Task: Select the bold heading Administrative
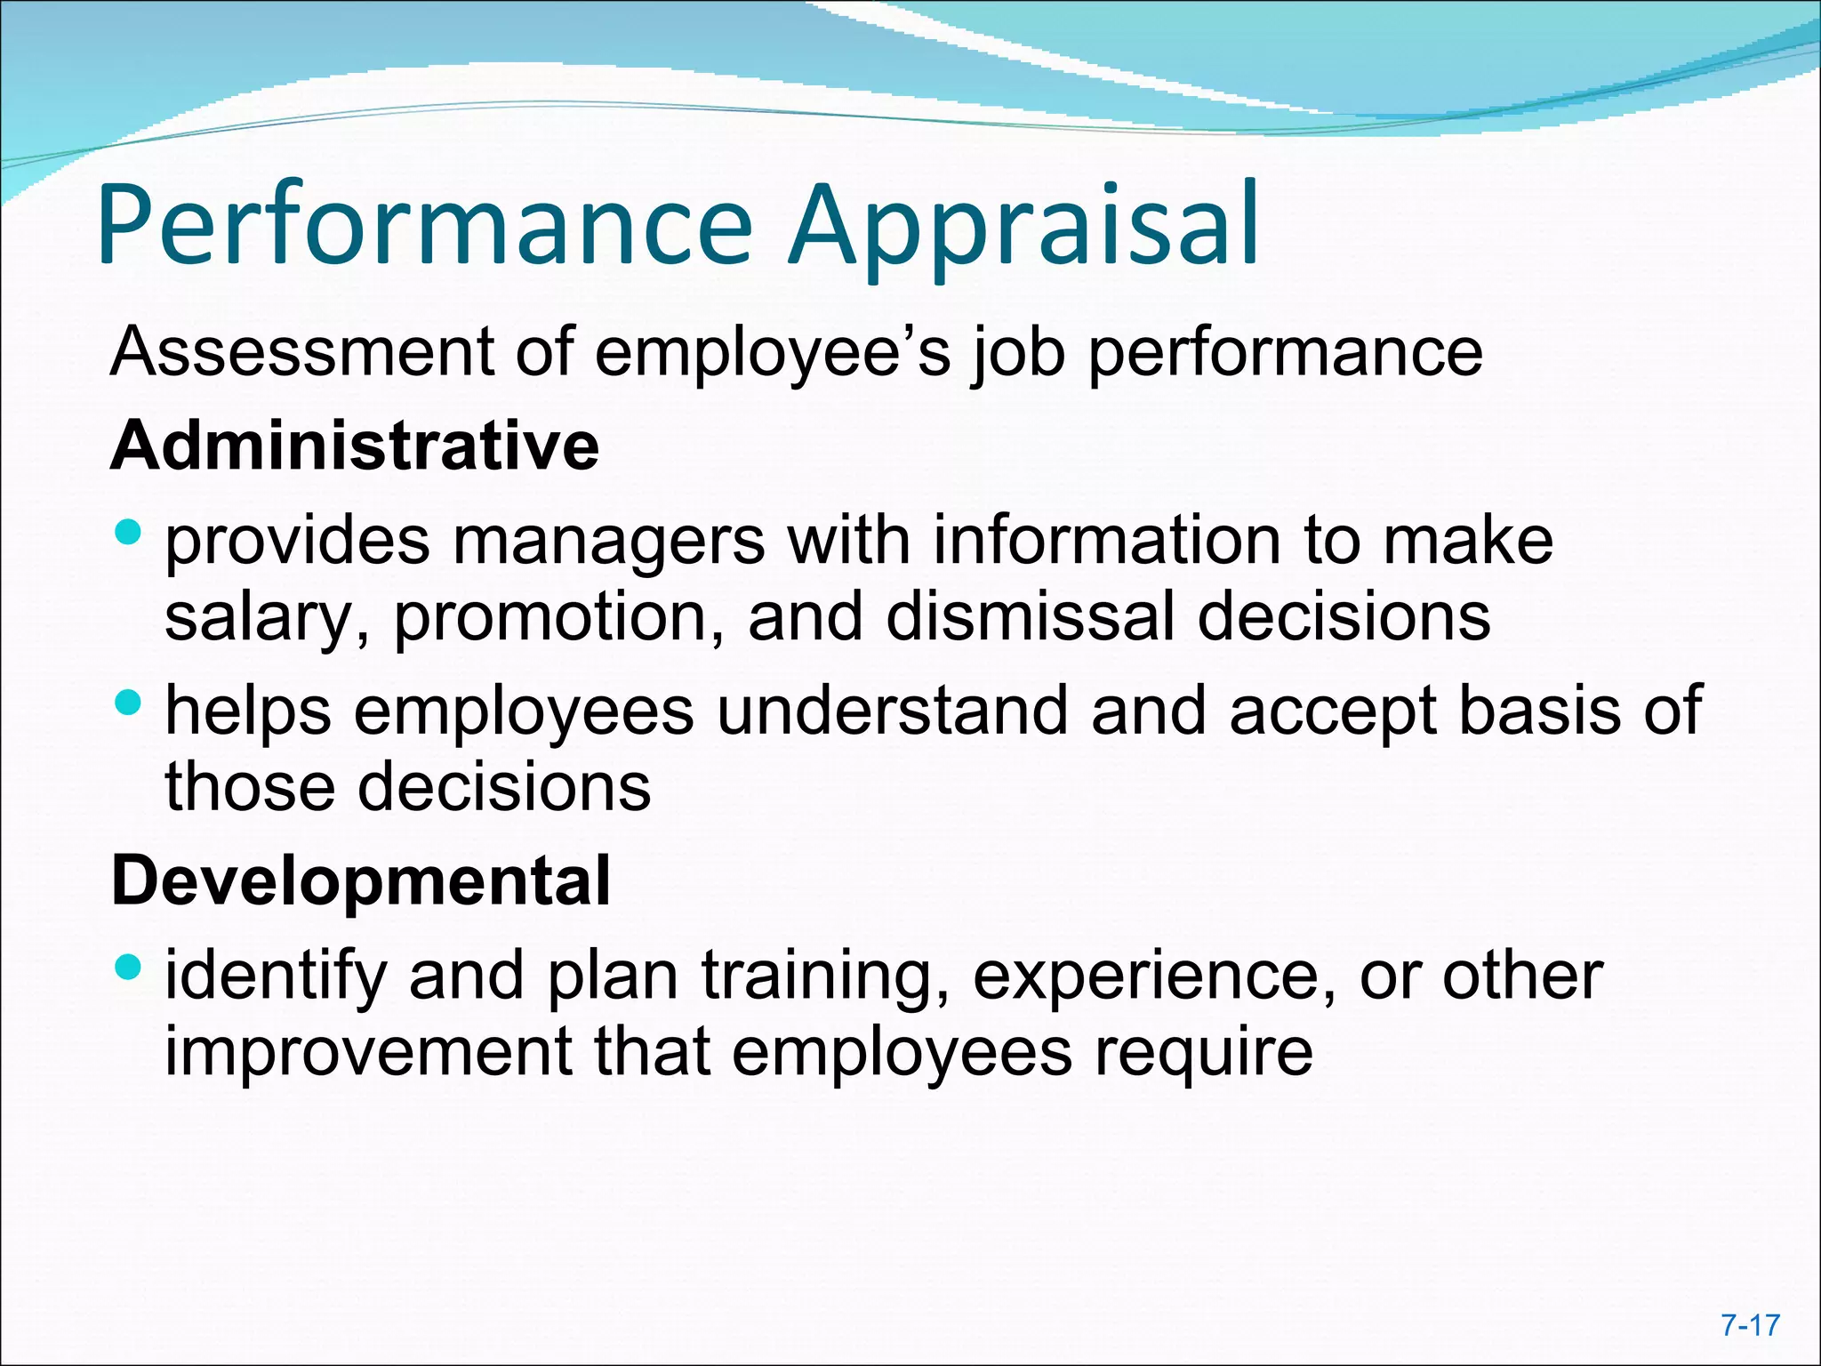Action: coord(355,445)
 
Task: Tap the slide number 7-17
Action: coord(1750,1325)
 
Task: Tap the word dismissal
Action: coord(1031,616)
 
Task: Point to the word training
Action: coord(825,976)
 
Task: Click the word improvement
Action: coord(368,1051)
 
